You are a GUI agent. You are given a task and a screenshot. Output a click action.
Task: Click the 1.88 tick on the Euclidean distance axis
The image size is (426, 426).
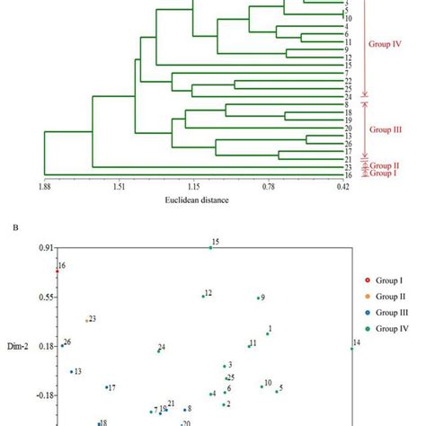[44, 186]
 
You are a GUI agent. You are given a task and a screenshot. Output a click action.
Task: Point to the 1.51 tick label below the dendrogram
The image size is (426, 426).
[118, 186]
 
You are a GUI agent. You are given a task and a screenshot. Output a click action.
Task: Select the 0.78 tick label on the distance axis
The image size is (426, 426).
[269, 186]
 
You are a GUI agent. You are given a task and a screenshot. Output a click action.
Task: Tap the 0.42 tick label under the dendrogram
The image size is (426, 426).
[342, 186]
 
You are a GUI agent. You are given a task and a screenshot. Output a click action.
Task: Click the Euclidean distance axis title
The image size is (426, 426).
[193, 200]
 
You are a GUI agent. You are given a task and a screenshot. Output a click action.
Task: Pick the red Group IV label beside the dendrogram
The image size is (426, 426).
[385, 42]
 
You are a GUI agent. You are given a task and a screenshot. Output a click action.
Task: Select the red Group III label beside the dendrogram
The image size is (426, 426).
[385, 129]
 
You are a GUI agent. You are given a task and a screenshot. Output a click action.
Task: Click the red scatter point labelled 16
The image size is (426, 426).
[57, 271]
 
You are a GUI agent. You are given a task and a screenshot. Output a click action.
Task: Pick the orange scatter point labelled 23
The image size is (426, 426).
[86, 320]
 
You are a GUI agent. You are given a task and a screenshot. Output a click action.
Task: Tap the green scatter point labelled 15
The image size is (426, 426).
[210, 247]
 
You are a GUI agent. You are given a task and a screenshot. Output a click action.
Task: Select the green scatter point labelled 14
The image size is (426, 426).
[351, 349]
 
